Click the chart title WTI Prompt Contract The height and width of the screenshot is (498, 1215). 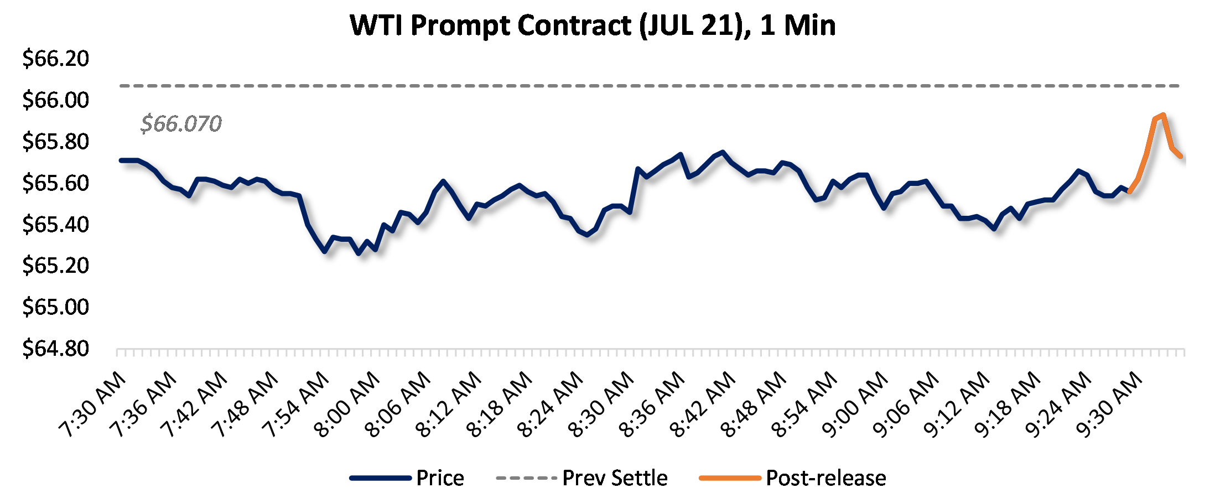click(x=593, y=25)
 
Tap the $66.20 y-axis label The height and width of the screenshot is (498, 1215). click(x=55, y=59)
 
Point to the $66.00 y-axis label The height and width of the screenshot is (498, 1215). click(x=55, y=100)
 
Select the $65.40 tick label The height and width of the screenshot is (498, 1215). click(x=55, y=225)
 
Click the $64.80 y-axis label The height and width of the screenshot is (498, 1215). click(x=55, y=349)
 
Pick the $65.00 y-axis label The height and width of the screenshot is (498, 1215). click(x=55, y=307)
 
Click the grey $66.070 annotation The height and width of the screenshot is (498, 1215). click(x=181, y=123)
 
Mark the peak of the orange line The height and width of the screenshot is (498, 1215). click(x=1164, y=115)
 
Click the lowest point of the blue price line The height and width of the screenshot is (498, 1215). click(x=359, y=253)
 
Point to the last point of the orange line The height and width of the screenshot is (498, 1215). click(x=1181, y=157)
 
